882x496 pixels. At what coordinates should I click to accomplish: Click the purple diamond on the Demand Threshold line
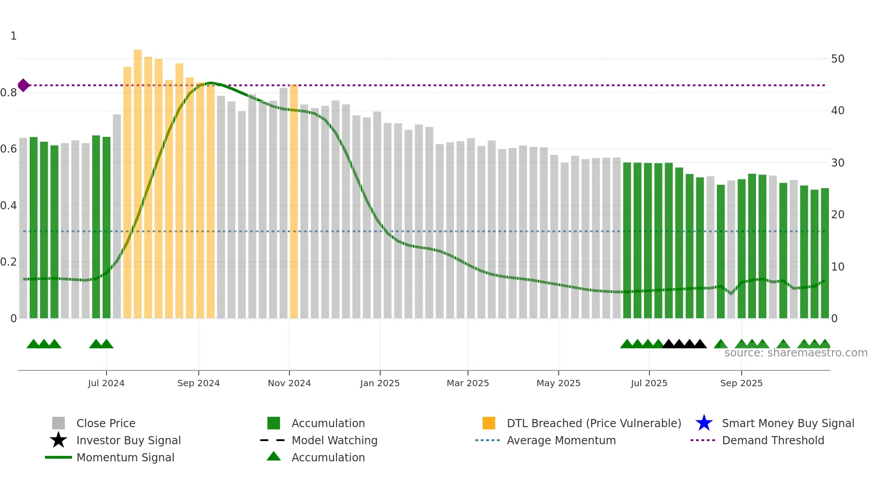click(23, 85)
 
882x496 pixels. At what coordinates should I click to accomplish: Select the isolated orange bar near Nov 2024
click(294, 203)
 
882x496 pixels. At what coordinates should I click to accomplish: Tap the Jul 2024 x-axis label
click(106, 383)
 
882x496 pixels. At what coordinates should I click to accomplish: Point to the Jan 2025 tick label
click(380, 383)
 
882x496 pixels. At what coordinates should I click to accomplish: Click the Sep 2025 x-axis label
click(741, 383)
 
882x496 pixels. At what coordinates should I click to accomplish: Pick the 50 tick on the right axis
click(837, 59)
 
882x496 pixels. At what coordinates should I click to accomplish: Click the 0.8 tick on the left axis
click(9, 93)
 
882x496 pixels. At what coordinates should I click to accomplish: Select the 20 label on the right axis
click(837, 215)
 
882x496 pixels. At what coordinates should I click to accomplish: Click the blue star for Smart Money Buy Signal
click(704, 423)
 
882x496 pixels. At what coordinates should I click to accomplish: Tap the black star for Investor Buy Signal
click(58, 440)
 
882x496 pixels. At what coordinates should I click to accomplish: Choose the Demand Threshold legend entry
click(773, 440)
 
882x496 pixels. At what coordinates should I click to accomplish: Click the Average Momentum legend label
click(561, 440)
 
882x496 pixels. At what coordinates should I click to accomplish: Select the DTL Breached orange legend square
click(489, 423)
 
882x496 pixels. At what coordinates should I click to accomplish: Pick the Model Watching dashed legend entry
click(334, 440)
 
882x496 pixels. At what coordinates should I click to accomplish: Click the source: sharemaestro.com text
click(796, 353)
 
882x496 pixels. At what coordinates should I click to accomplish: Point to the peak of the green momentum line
click(210, 83)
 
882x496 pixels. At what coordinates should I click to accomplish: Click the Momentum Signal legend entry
click(125, 457)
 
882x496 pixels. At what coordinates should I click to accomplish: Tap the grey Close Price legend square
click(58, 423)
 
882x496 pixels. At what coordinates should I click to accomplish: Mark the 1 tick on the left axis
click(13, 36)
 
